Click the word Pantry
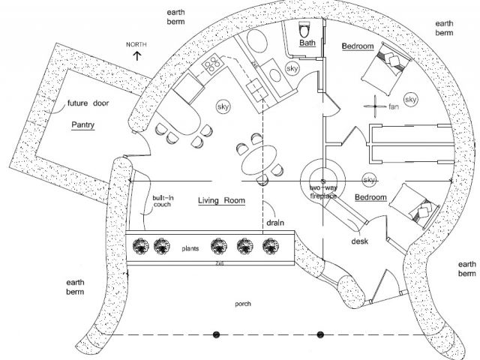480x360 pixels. (x=83, y=124)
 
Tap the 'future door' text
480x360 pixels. (x=88, y=103)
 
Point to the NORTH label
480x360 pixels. (x=136, y=45)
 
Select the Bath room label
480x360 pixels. (x=307, y=43)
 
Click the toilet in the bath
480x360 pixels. (x=305, y=30)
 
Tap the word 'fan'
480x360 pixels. (x=393, y=107)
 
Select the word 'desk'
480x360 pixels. (x=358, y=241)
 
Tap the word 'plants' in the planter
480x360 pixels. (x=188, y=245)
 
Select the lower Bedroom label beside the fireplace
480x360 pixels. (x=370, y=197)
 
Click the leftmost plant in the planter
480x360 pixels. (x=139, y=246)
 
